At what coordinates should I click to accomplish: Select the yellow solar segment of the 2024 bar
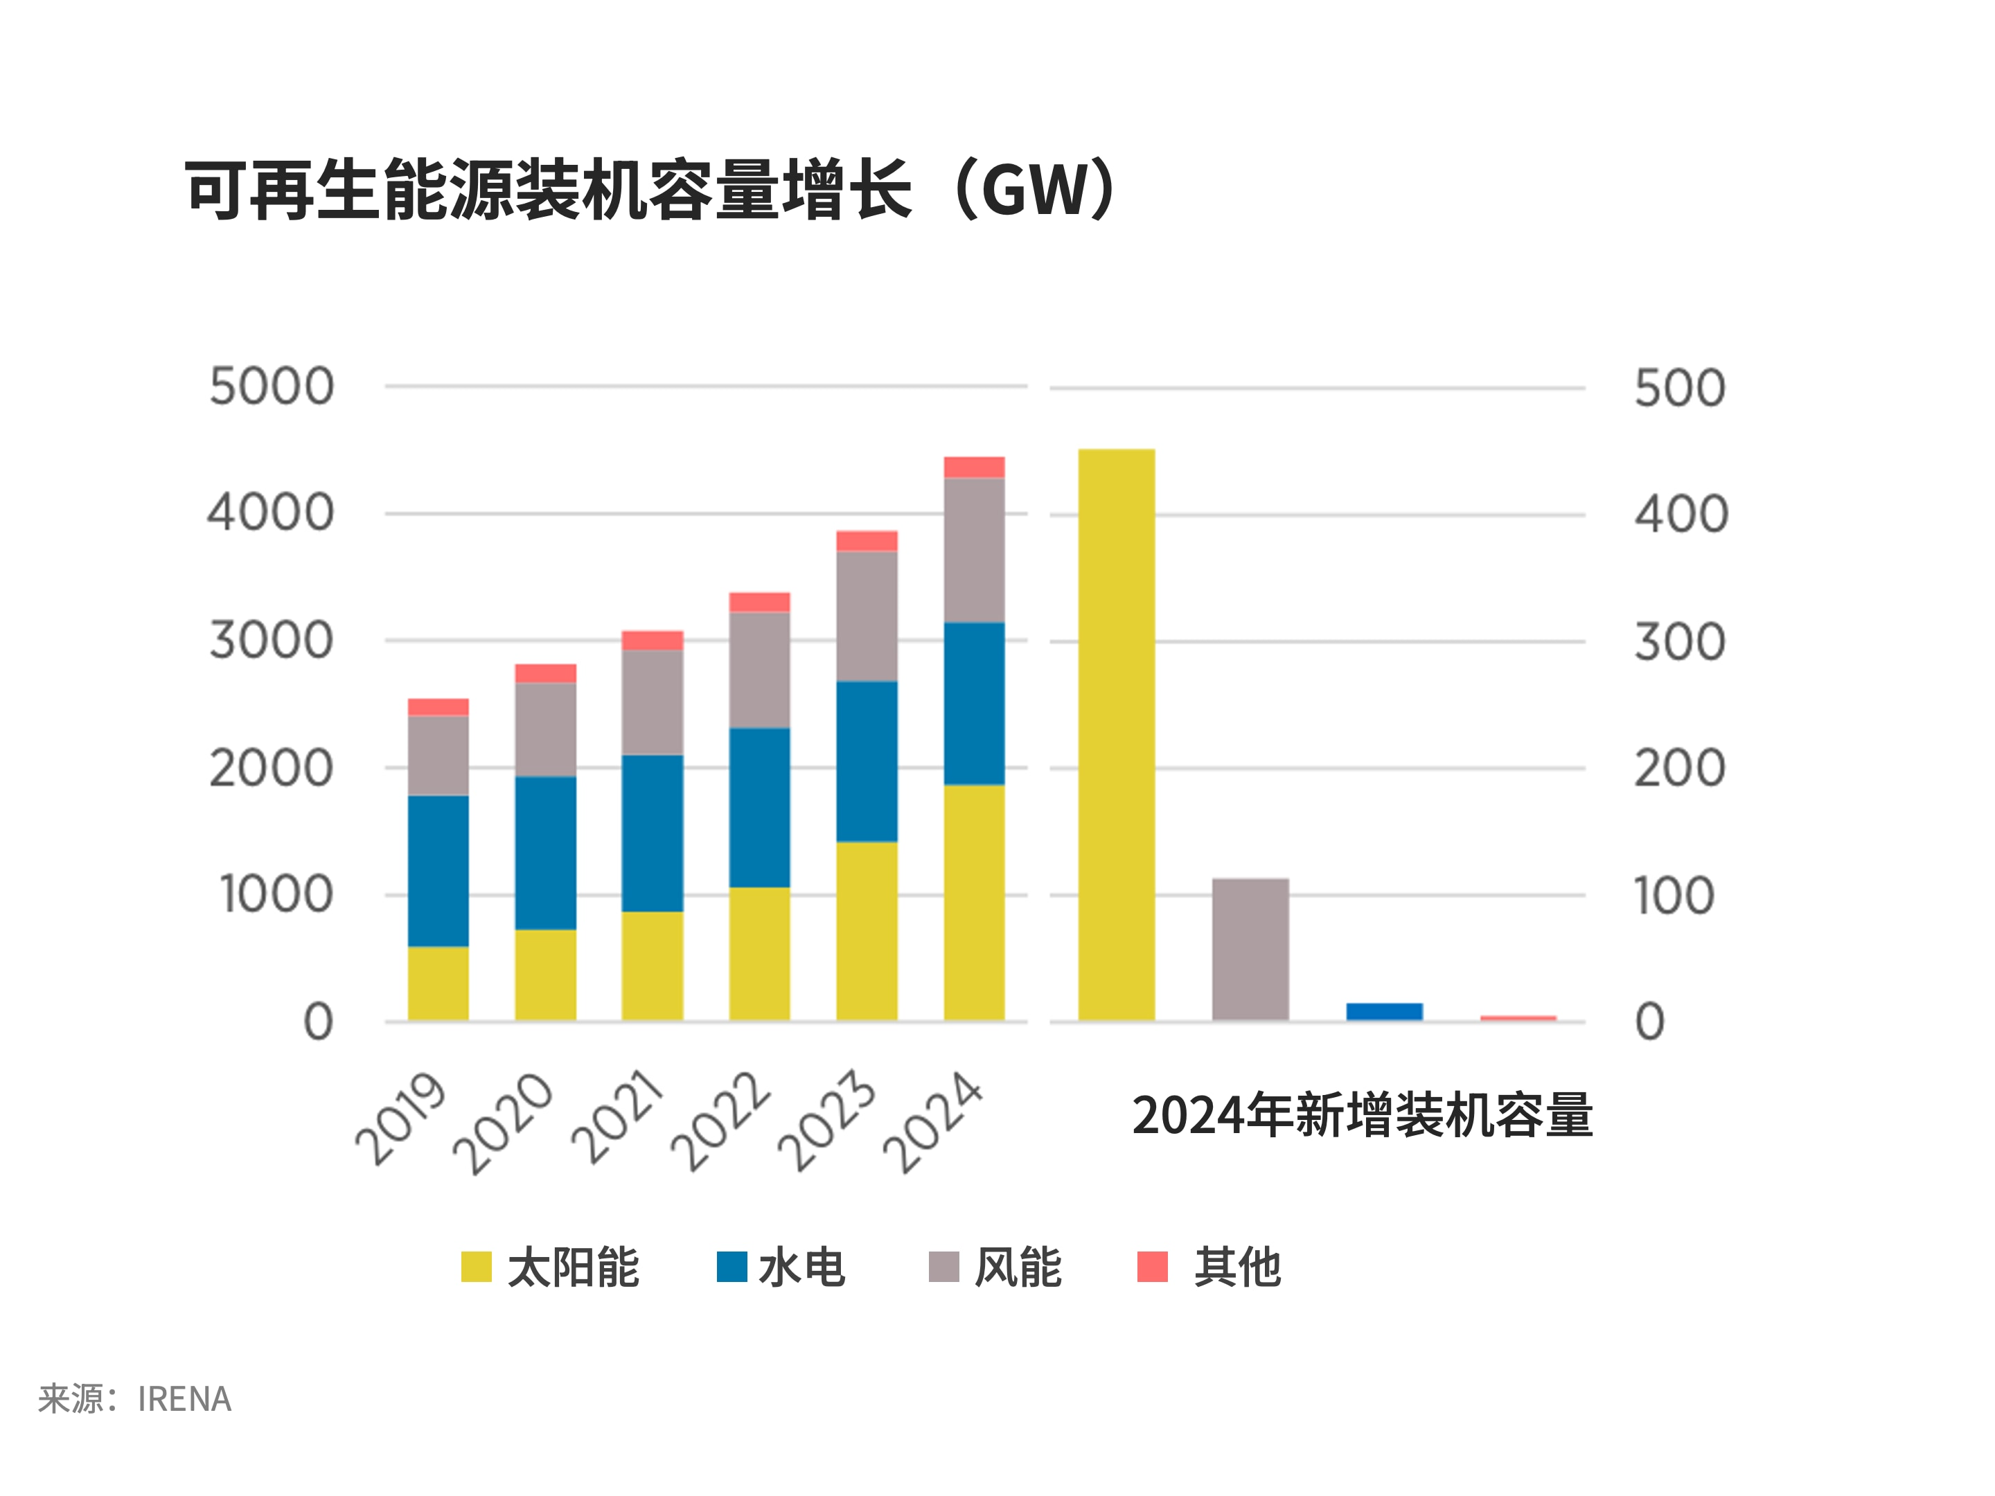(x=974, y=902)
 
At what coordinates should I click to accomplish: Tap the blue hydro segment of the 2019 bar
(x=438, y=870)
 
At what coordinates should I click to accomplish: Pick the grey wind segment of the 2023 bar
(x=867, y=615)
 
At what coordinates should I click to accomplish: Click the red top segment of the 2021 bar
(x=652, y=640)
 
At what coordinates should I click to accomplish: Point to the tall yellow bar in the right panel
(x=1117, y=735)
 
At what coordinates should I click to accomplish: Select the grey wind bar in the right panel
(x=1250, y=949)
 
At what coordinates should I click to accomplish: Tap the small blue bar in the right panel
(x=1385, y=1011)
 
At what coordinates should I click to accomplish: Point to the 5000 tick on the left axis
(x=272, y=387)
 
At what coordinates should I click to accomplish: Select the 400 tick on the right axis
(x=1681, y=515)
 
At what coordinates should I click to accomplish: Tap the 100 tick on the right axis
(x=1673, y=896)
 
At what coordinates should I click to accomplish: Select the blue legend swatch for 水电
(x=731, y=1266)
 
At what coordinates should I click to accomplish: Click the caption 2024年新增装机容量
(x=1362, y=1116)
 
